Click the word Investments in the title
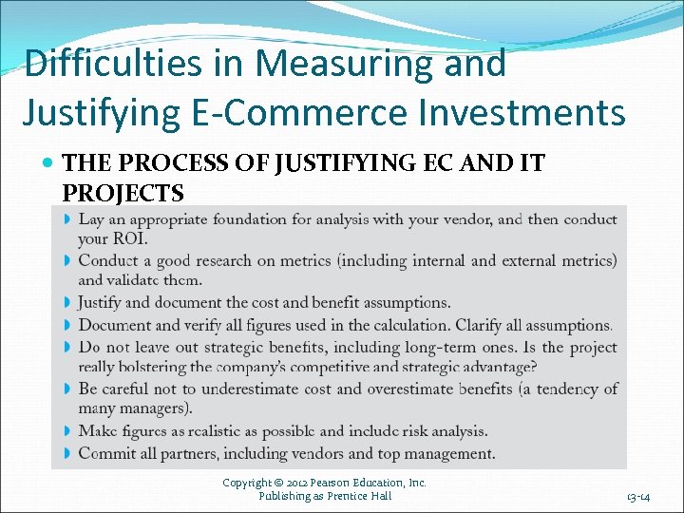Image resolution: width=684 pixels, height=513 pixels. (x=532, y=112)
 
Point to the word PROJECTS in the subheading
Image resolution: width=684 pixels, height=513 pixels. (x=123, y=193)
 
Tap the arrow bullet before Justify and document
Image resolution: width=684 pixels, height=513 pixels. (x=67, y=303)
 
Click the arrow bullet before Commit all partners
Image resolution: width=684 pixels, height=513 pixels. (x=67, y=454)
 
